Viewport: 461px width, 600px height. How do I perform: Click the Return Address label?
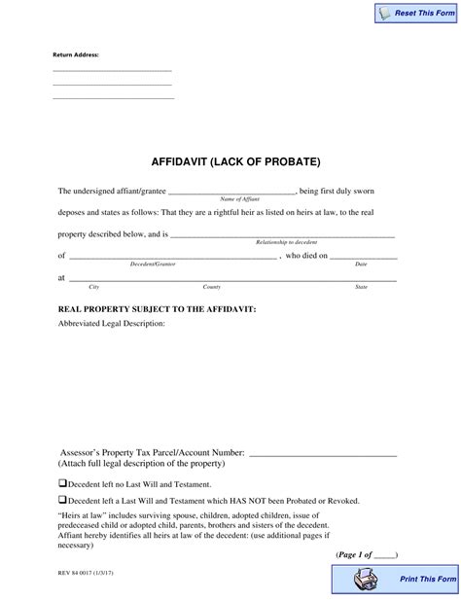coord(76,54)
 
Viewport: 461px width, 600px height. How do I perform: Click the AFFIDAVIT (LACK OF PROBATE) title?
coord(234,160)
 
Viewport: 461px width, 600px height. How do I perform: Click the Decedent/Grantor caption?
coord(153,264)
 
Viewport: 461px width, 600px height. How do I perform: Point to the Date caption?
coord(361,264)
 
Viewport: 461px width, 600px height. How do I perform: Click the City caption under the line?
coord(94,287)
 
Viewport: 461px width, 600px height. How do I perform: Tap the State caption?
coord(361,287)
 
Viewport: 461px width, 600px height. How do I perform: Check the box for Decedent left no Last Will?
coord(62,482)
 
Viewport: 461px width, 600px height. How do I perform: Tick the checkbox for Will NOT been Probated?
coord(62,500)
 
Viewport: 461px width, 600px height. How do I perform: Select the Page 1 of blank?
coord(383,554)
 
